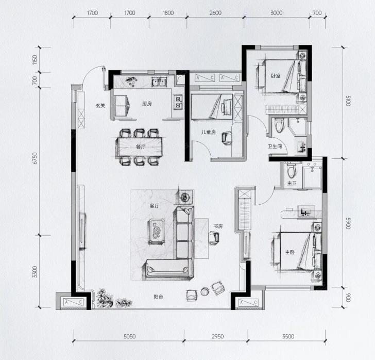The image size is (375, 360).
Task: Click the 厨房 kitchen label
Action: pyautogui.click(x=147, y=104)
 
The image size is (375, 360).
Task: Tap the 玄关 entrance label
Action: pyautogui.click(x=100, y=105)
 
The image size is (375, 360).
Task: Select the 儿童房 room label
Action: pyautogui.click(x=208, y=132)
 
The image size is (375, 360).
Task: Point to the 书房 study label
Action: pyautogui.click(x=218, y=226)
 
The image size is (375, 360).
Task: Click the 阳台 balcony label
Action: pyautogui.click(x=158, y=297)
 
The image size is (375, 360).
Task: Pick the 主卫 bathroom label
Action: pyautogui.click(x=292, y=184)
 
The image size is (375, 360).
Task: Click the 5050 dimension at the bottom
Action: pyautogui.click(x=129, y=336)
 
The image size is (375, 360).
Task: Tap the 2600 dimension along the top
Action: pyautogui.click(x=215, y=13)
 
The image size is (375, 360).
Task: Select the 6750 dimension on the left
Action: pyautogui.click(x=35, y=158)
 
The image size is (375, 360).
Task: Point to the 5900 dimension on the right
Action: pyautogui.click(x=348, y=223)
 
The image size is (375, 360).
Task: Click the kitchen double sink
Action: pyautogui.click(x=159, y=81)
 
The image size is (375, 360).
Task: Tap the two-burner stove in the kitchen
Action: pyautogui.click(x=178, y=102)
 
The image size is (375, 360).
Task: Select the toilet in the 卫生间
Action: pyautogui.click(x=279, y=125)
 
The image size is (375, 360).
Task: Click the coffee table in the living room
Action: pyautogui.click(x=157, y=232)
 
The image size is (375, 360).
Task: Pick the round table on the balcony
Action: pyautogui.click(x=204, y=291)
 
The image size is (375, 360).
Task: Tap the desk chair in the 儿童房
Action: pyautogui.click(x=227, y=138)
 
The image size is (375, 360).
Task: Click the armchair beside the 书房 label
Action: pyautogui.click(x=214, y=238)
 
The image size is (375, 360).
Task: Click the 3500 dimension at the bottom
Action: pyautogui.click(x=288, y=336)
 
